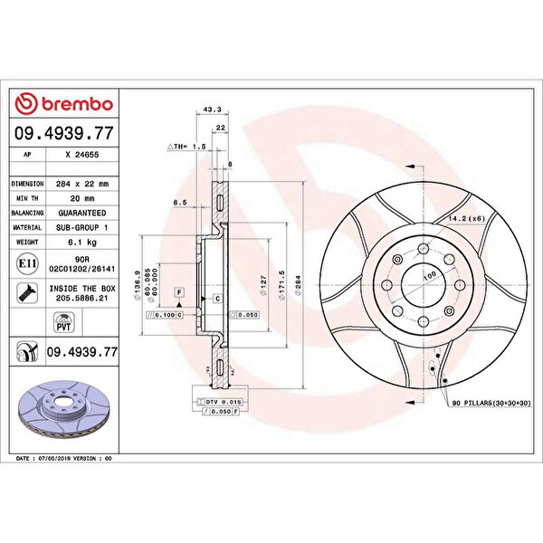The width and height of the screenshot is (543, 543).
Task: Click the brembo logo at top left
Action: pos(64,104)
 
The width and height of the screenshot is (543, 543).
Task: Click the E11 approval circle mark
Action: pos(26,263)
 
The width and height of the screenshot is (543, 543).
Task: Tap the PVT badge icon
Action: pos(63,323)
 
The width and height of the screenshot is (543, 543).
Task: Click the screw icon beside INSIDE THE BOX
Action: pos(26,292)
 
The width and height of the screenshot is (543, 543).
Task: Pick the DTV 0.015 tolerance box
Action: pos(218,401)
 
